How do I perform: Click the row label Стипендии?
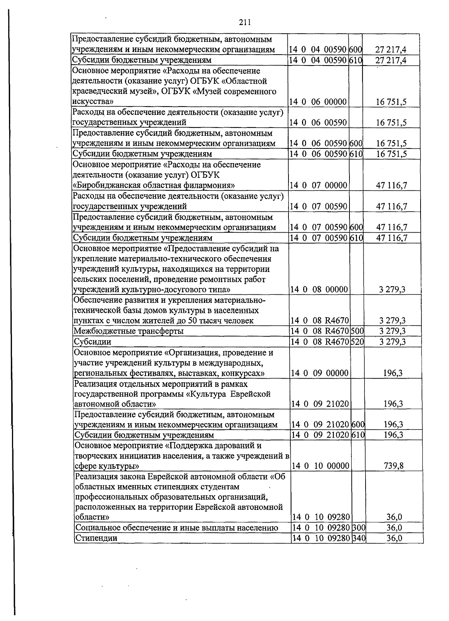[x=96, y=538]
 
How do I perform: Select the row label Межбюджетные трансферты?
[x=129, y=331]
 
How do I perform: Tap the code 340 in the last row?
[x=359, y=538]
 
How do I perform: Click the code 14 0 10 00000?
[x=320, y=466]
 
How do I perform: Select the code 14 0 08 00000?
[x=320, y=290]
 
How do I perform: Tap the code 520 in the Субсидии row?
[x=357, y=342]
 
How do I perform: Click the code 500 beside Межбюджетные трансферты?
[x=357, y=331]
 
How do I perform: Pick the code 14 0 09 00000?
[x=320, y=373]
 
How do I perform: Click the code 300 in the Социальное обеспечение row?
[x=359, y=528]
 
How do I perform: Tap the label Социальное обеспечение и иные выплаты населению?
[x=177, y=528]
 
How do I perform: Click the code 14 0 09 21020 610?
[x=327, y=435]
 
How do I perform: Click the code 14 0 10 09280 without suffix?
[x=321, y=517]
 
